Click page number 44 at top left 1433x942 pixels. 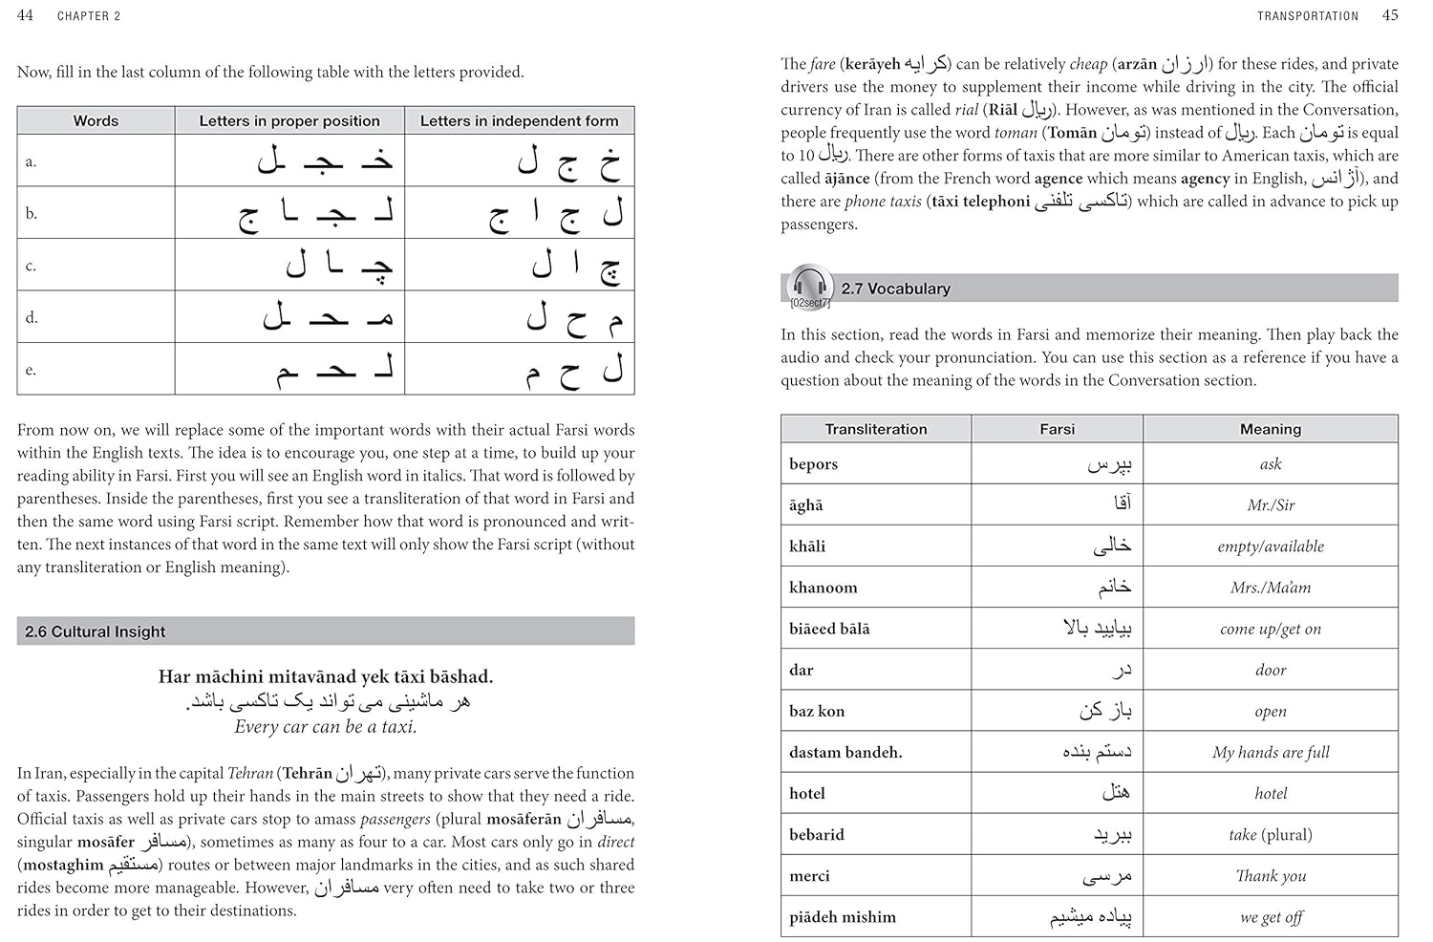click(x=25, y=15)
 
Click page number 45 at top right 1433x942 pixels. click(x=1390, y=15)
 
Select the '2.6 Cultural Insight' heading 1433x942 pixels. click(x=96, y=632)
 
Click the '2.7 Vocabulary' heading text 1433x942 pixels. click(x=895, y=289)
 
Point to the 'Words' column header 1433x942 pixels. click(x=96, y=121)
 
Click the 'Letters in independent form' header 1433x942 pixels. click(x=519, y=121)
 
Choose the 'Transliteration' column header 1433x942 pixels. click(x=875, y=429)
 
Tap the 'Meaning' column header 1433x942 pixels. click(x=1270, y=429)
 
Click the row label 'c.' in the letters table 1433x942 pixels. click(x=31, y=266)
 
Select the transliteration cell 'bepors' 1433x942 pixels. click(x=813, y=464)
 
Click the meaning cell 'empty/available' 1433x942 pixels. click(x=1270, y=546)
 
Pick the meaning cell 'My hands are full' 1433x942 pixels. click(x=1270, y=752)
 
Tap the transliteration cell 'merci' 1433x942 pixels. click(x=809, y=876)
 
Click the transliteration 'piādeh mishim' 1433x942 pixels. click(x=842, y=917)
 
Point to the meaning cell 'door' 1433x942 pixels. click(x=1270, y=670)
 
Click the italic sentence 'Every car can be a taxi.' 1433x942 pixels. click(x=326, y=726)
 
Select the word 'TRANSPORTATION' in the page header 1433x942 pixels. click(x=1307, y=16)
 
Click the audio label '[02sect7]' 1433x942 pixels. click(x=809, y=304)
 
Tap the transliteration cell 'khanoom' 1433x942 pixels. click(x=823, y=588)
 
